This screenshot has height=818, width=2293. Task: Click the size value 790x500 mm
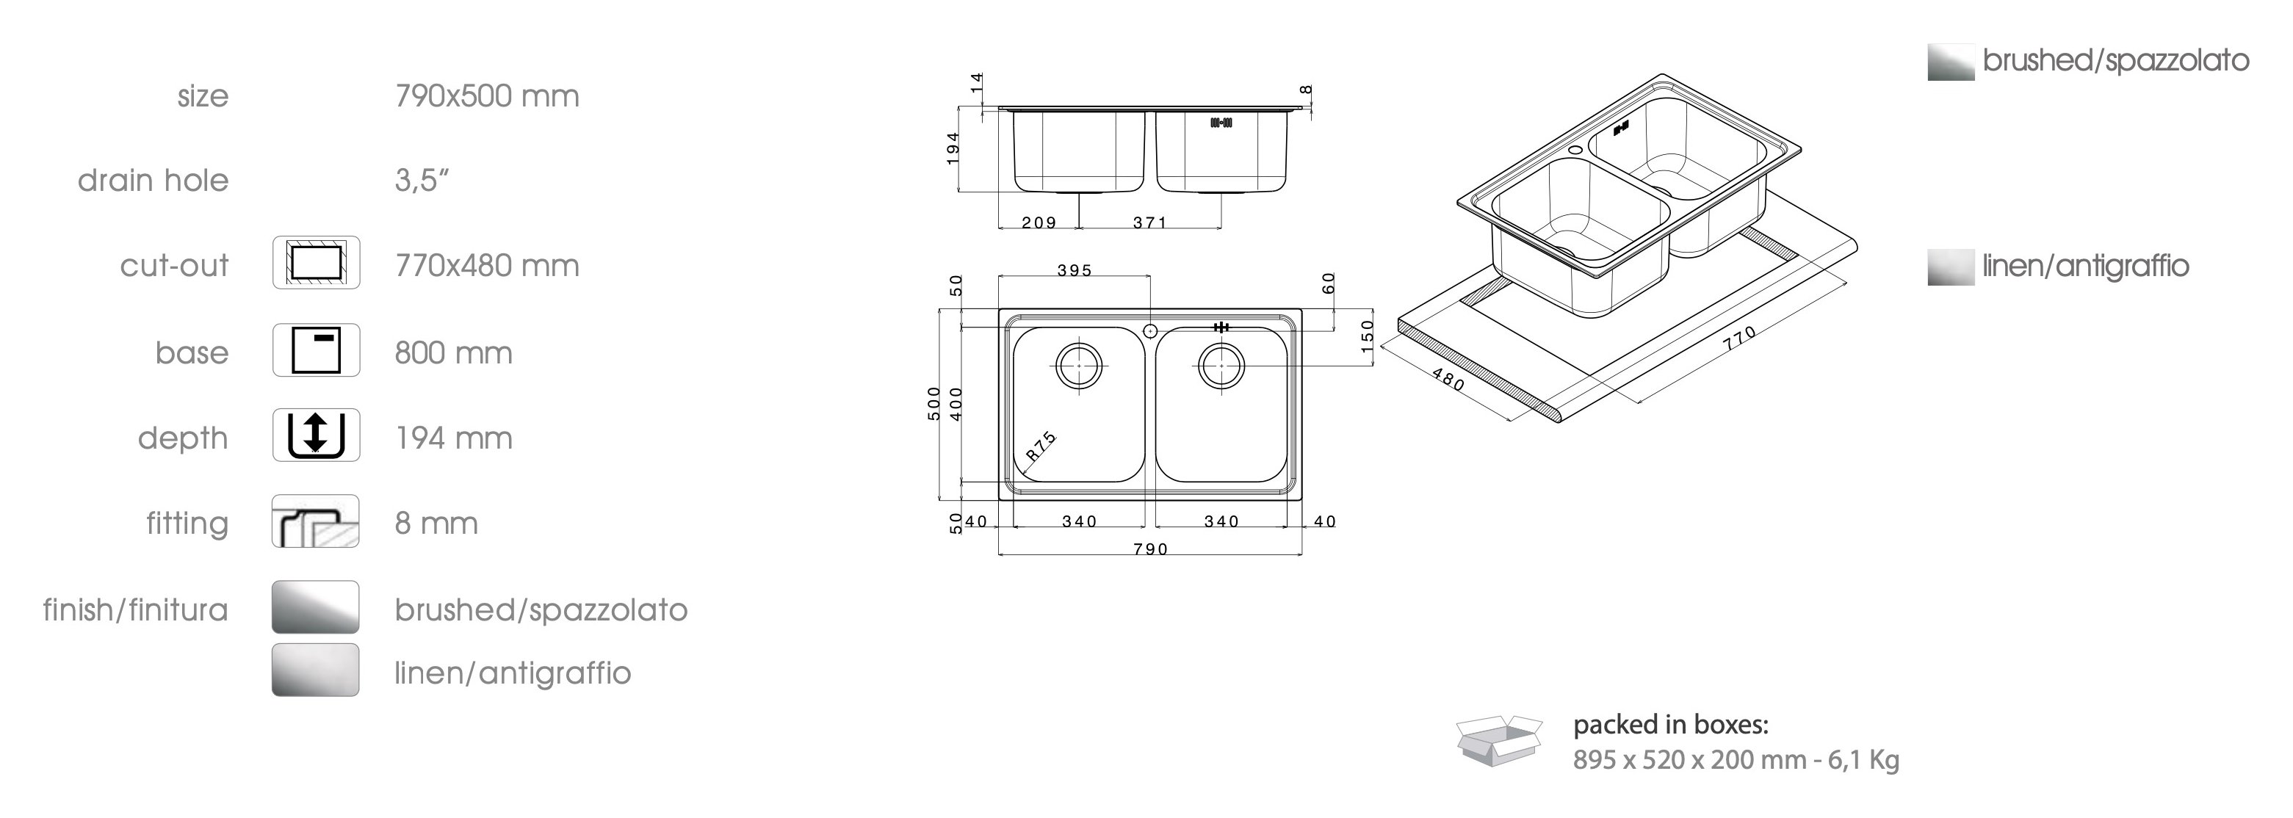tap(487, 96)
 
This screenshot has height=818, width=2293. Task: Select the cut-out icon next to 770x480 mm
tap(316, 263)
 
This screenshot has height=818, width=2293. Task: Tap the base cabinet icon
tap(316, 350)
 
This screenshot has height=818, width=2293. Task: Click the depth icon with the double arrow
tap(316, 435)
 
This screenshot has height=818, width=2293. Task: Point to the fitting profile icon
tap(316, 521)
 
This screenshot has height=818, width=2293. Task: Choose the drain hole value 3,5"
tap(421, 181)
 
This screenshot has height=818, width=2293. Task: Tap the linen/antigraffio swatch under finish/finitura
tap(316, 670)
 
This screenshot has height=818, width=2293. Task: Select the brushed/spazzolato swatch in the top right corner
tap(1950, 62)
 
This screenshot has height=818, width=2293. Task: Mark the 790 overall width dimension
tap(1150, 549)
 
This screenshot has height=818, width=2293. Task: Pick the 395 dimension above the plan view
tap(1075, 271)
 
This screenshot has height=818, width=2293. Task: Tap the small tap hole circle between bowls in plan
tap(1150, 330)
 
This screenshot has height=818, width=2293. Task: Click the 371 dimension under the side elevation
tap(1149, 222)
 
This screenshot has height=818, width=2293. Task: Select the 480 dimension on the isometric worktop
tap(1448, 380)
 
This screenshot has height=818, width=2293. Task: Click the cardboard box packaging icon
tap(1499, 741)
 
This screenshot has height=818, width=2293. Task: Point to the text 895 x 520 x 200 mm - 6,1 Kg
tap(1736, 760)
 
